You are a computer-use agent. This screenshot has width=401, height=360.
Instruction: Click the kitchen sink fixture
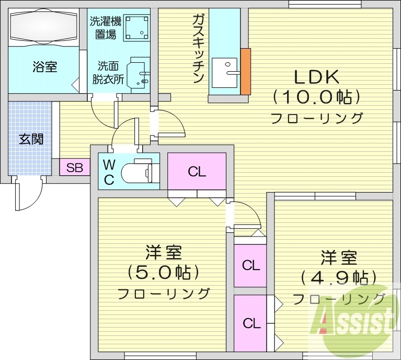click(x=225, y=74)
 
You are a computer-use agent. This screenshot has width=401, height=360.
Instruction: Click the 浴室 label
click(x=45, y=66)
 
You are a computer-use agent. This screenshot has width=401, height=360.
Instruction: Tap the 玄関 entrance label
click(x=31, y=139)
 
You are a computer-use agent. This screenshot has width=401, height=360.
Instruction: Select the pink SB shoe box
click(x=74, y=168)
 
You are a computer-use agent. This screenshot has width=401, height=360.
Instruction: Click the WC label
click(x=108, y=172)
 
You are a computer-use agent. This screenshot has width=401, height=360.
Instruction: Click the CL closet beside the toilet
click(x=197, y=171)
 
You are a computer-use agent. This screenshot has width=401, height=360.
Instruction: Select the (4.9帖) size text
click(x=339, y=277)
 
